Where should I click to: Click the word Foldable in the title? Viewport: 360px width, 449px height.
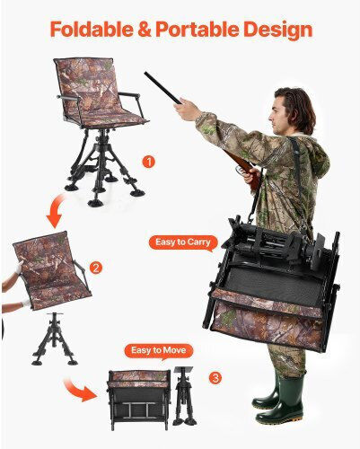click(91, 29)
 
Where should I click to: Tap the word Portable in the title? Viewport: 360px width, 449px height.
click(198, 29)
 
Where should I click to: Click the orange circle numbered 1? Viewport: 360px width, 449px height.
click(149, 162)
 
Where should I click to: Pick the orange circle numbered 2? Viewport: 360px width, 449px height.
click(96, 268)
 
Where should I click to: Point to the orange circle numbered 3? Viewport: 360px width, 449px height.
click(215, 378)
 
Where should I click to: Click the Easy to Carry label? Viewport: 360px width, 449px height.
click(183, 242)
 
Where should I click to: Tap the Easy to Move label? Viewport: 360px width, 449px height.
click(159, 351)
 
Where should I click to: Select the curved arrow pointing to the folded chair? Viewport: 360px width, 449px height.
click(79, 389)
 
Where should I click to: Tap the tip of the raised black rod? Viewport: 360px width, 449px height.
click(145, 73)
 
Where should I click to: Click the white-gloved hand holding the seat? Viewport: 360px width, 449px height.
click(19, 268)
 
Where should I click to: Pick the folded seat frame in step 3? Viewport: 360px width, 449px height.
click(139, 400)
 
